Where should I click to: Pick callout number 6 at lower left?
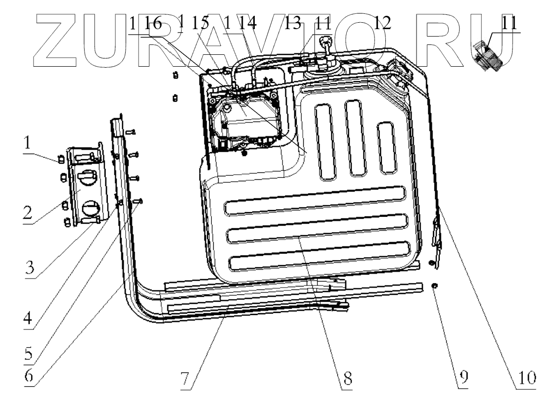click(x=28, y=376)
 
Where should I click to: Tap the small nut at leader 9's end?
click(x=434, y=286)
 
